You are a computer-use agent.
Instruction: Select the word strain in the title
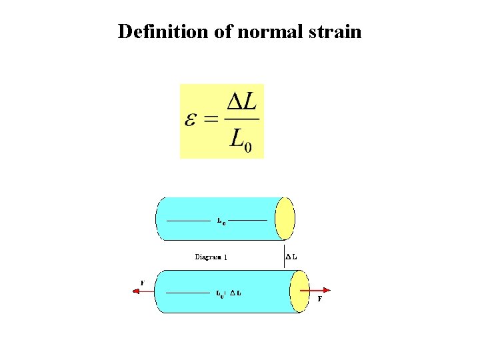coord(336,31)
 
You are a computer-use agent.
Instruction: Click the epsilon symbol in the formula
coord(191,121)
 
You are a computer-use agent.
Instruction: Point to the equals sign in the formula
coord(211,121)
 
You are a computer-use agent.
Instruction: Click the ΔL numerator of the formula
coord(242,102)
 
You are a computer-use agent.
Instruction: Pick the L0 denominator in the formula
coord(241,139)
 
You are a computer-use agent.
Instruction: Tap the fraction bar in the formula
coord(241,120)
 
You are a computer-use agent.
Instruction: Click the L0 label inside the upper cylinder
coord(221,221)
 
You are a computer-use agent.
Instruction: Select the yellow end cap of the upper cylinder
coord(285,218)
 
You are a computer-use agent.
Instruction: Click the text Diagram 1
coord(211,256)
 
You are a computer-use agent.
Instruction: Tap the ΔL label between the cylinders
coord(291,256)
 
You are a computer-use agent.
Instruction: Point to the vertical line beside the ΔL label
coord(283,255)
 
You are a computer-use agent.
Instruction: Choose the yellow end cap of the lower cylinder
coord(300,291)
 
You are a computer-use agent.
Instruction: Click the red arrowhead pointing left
coord(136,291)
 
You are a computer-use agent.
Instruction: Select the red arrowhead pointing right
coord(327,290)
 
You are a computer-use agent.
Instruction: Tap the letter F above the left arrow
coord(143,282)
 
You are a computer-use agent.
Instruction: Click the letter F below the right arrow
coord(320,299)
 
